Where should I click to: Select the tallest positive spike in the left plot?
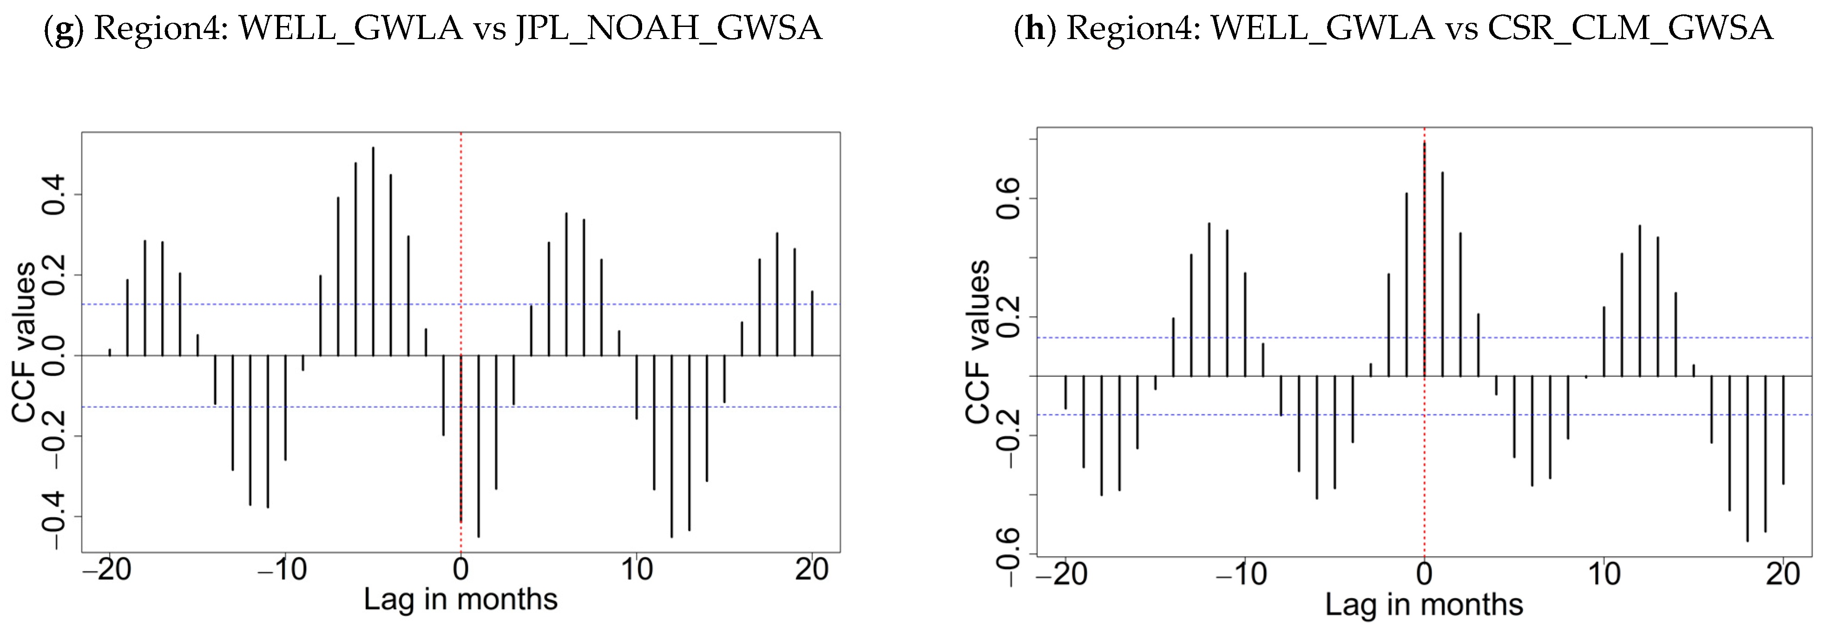click(x=373, y=248)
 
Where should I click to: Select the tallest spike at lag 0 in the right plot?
click(x=1424, y=255)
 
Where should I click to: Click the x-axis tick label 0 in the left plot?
click(x=461, y=569)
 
